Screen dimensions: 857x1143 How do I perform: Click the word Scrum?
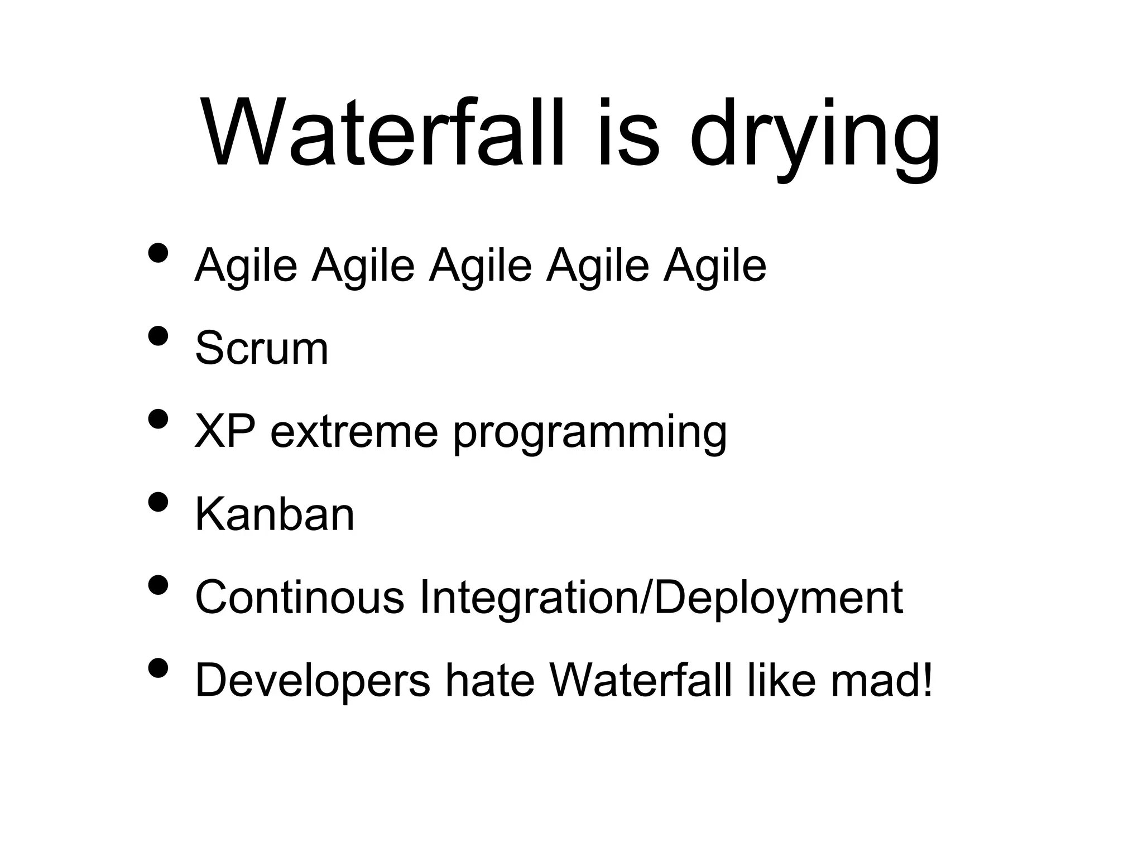[261, 348]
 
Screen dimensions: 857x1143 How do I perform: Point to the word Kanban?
[274, 514]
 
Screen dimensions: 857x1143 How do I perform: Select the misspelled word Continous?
[299, 598]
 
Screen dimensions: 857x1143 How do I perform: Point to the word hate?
[489, 681]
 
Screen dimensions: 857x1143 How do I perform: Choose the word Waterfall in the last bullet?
[640, 681]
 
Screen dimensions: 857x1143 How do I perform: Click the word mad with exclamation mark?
[881, 681]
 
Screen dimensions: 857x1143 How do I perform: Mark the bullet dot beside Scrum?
[159, 336]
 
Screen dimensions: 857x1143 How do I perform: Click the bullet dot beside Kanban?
[159, 502]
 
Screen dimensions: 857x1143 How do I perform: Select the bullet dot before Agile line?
[159, 253]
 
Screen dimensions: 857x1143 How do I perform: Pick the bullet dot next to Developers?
[159, 668]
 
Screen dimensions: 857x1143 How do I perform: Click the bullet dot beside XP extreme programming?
[159, 418]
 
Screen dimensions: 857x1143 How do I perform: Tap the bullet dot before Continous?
[159, 585]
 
